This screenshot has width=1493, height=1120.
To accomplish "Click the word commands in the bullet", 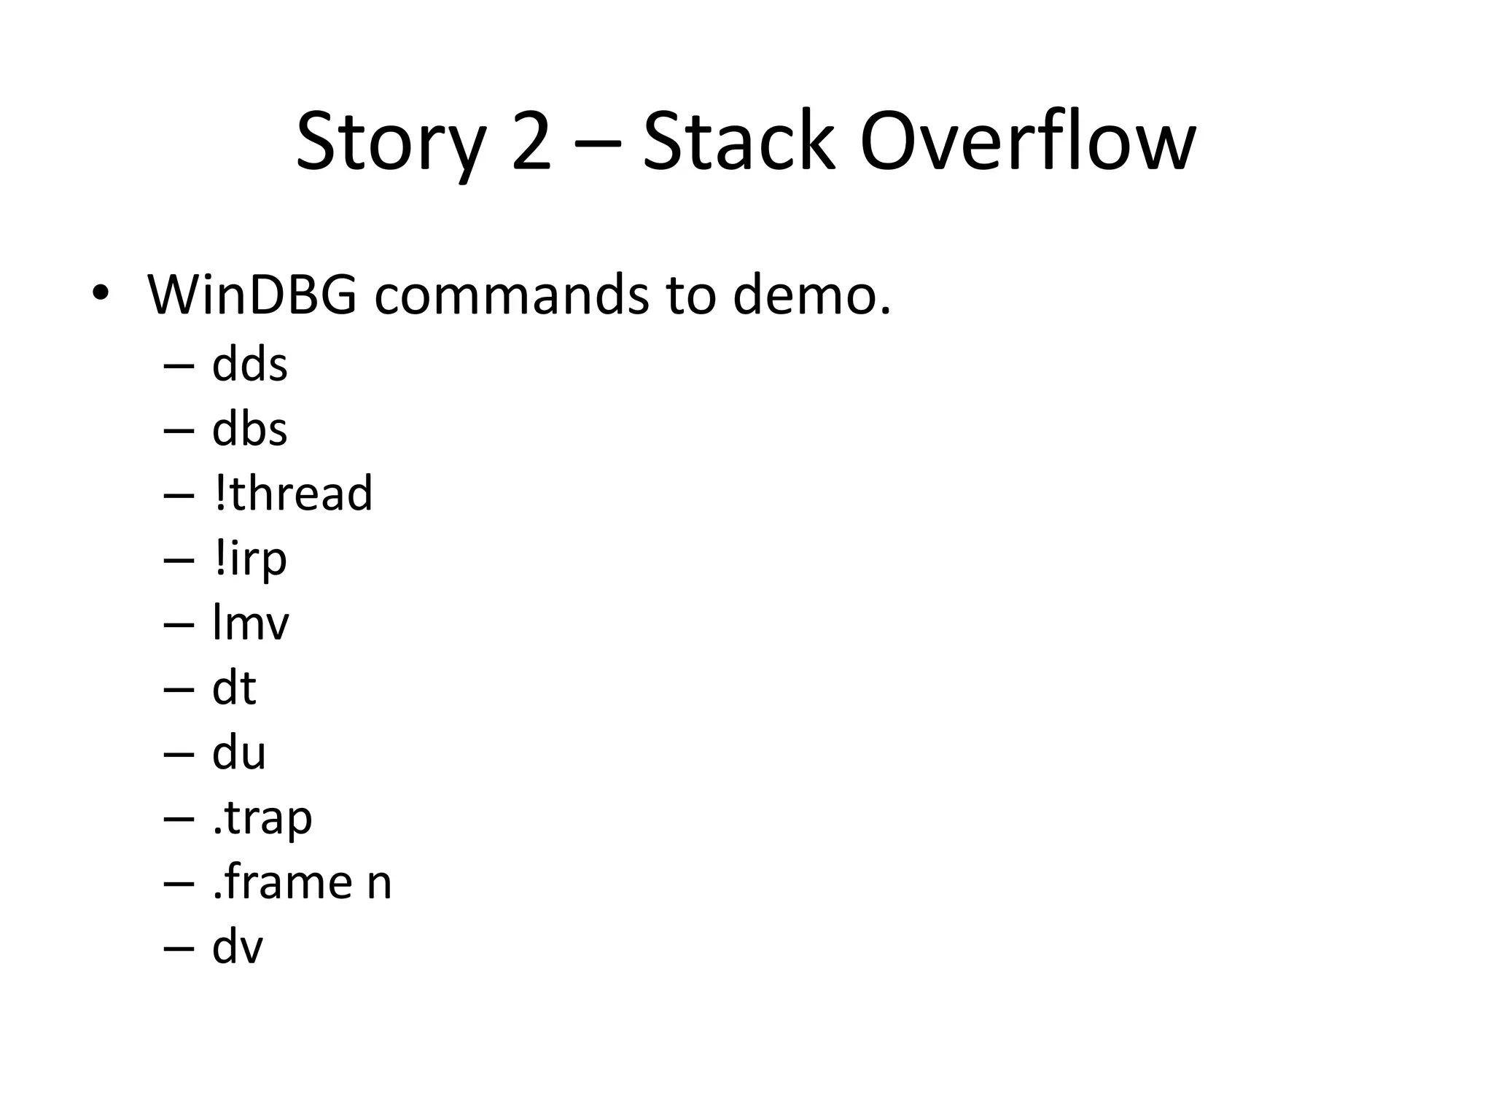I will pyautogui.click(x=511, y=295).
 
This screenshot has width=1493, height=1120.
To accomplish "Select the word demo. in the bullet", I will pyautogui.click(x=811, y=295).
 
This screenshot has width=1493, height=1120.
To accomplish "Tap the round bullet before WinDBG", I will pyautogui.click(x=100, y=293).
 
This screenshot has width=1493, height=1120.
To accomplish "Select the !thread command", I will pyautogui.click(x=293, y=493).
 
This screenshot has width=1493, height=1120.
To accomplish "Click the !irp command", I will pyautogui.click(x=250, y=559).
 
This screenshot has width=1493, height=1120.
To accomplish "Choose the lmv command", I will pyautogui.click(x=250, y=623).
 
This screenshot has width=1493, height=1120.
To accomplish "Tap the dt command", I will pyautogui.click(x=234, y=688).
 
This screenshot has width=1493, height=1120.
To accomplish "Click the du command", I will pyautogui.click(x=238, y=752).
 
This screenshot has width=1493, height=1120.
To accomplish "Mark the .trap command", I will pyautogui.click(x=262, y=818).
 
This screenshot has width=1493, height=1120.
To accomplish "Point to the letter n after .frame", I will pyautogui.click(x=379, y=883).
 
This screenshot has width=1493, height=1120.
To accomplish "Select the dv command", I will pyautogui.click(x=237, y=947).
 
